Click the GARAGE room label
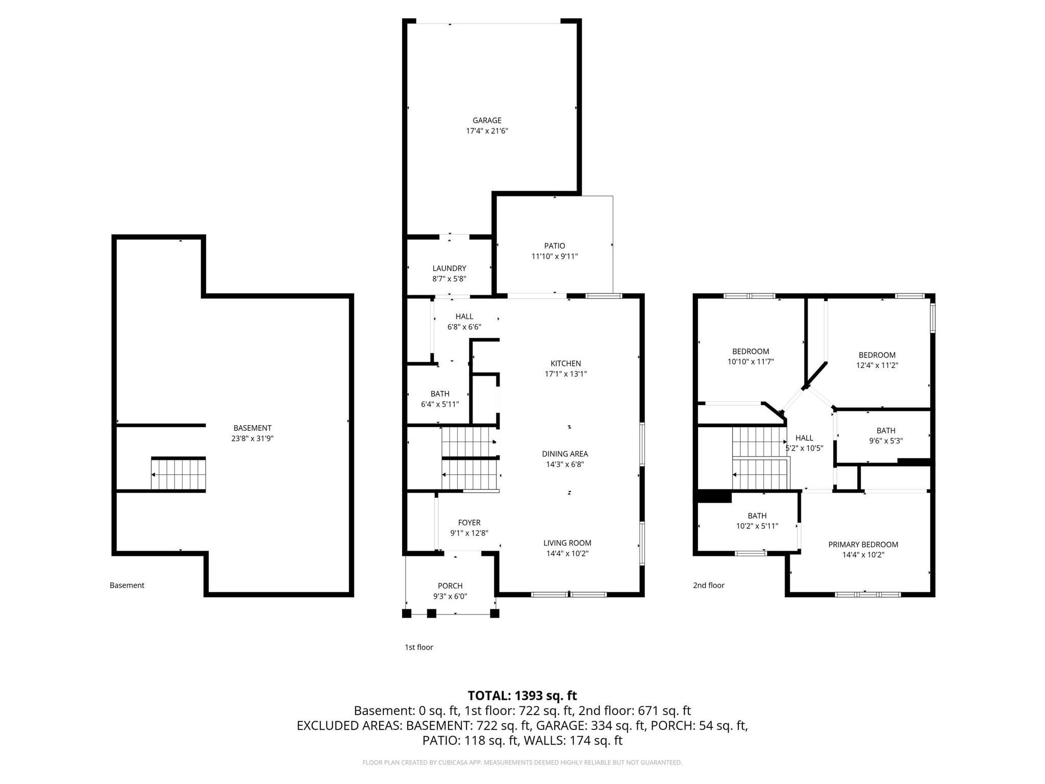coord(487,120)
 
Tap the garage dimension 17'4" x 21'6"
coord(487,131)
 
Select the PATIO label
coord(554,246)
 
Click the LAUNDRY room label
coord(449,268)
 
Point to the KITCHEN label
coord(565,363)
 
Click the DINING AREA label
coord(565,454)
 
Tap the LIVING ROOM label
coord(567,543)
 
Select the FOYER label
coord(469,523)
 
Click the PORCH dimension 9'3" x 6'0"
coord(450,596)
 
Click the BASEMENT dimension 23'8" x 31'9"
coord(252,438)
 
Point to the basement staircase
coord(179,475)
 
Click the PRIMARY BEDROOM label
coord(863,545)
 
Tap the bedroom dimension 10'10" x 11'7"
coord(751,362)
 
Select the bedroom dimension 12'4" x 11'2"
coord(877,365)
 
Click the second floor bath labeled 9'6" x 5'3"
coord(886,436)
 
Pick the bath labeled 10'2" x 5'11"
coord(757,521)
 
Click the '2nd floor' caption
coord(708,585)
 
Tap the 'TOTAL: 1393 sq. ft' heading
coord(522,696)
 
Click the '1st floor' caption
coord(418,647)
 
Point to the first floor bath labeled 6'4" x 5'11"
coord(439,399)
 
